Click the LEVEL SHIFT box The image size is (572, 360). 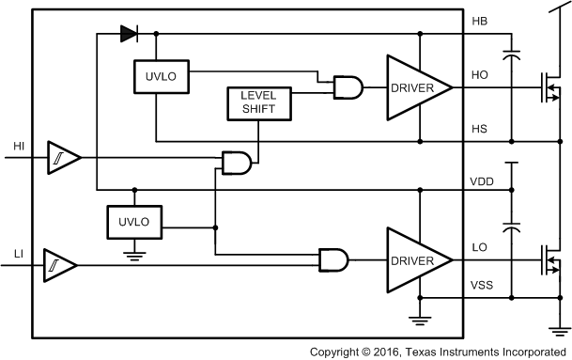tap(260, 103)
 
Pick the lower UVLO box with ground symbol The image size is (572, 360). tap(134, 223)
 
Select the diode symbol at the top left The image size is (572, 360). tap(129, 35)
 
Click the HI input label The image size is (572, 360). tap(19, 146)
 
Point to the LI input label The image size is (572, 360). tap(18, 255)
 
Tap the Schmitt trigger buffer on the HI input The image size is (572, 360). tap(64, 161)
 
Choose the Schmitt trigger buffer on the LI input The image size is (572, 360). tap(59, 269)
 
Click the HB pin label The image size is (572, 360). tap(479, 21)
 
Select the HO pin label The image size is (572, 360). tap(479, 74)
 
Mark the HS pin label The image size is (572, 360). tap(479, 129)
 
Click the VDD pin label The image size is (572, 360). tap(482, 180)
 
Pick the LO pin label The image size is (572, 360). tap(479, 247)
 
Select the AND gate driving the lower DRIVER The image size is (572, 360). tap(333, 259)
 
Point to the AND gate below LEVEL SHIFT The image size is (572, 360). tap(236, 163)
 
